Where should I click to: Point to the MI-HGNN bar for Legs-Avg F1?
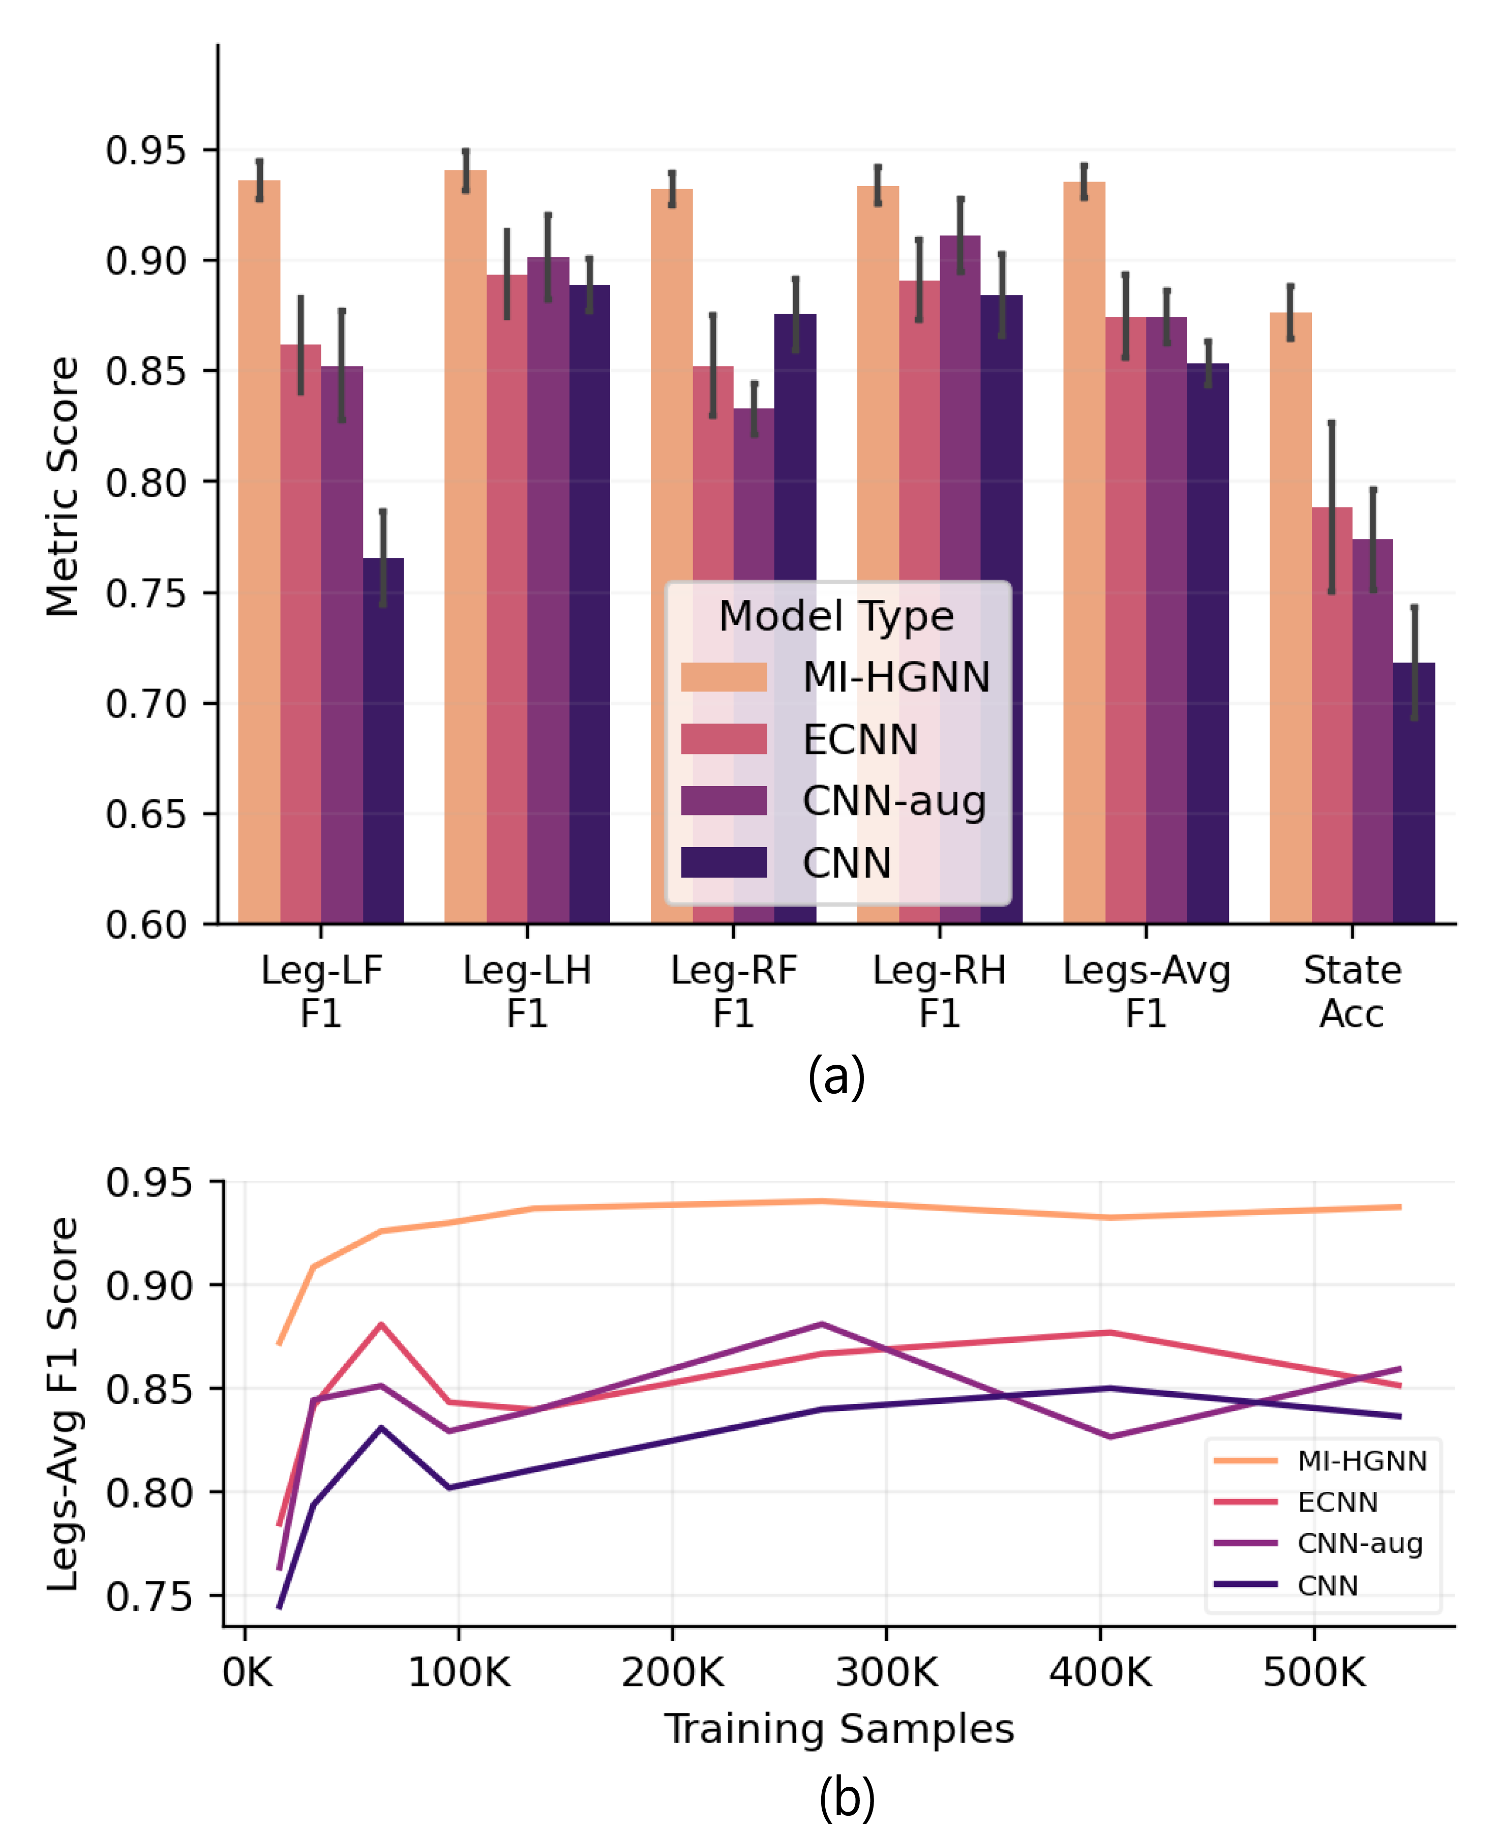(1084, 553)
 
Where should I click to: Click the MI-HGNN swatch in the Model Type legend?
(724, 677)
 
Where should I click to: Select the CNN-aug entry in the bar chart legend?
(894, 801)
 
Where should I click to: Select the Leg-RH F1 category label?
(940, 992)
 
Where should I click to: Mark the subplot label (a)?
(836, 1077)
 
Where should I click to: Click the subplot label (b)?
(847, 1798)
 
